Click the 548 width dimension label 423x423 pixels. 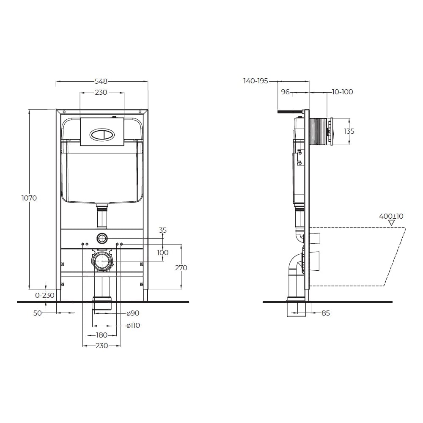101,81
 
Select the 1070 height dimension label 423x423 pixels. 29,198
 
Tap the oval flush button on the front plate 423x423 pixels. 102,134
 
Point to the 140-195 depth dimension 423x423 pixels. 255,81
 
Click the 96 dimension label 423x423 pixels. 285,92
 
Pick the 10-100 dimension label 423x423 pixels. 342,92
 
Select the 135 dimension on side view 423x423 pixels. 349,132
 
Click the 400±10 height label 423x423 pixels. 391,216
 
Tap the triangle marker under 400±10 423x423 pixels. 391,223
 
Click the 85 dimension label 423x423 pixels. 326,313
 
